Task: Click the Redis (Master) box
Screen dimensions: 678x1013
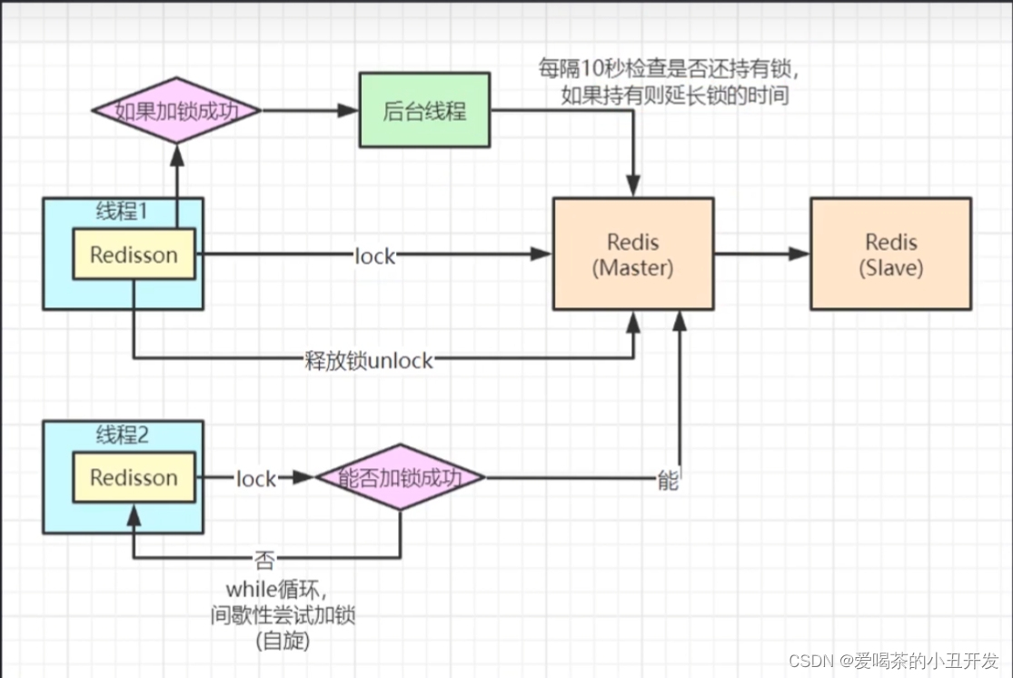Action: [x=634, y=255]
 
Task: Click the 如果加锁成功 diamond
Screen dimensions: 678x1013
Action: [x=177, y=111]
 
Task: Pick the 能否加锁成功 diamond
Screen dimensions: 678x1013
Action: [x=400, y=477]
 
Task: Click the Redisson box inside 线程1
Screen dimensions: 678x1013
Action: [x=134, y=255]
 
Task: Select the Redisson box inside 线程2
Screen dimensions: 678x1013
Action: [x=134, y=477]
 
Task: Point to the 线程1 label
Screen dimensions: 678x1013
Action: [x=123, y=211]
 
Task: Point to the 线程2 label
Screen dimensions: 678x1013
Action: [x=123, y=434]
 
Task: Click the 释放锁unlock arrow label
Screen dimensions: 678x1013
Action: [x=369, y=360]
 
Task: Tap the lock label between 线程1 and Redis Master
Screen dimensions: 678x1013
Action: [x=375, y=256]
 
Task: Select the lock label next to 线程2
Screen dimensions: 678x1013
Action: [x=255, y=478]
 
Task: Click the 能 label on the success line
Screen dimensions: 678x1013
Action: [x=668, y=480]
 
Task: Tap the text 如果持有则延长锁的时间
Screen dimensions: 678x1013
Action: [x=674, y=95]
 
